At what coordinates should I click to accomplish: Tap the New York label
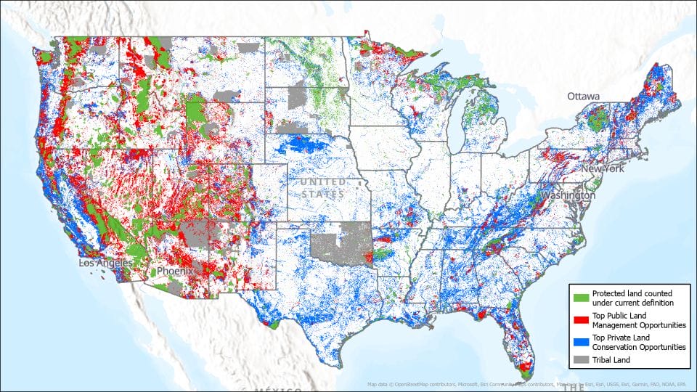[602, 169]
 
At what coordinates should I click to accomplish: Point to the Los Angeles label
[106, 263]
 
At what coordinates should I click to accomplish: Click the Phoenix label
[175, 271]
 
